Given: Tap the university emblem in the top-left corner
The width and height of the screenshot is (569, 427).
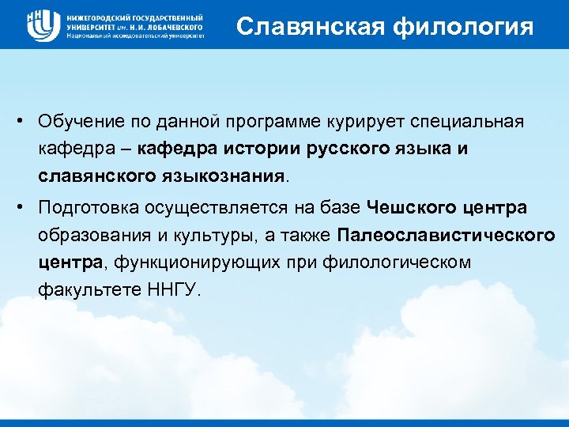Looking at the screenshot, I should [x=43, y=25].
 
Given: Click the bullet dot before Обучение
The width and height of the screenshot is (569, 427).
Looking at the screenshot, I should [x=26, y=122].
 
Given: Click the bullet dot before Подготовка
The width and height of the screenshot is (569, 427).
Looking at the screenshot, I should [x=26, y=208].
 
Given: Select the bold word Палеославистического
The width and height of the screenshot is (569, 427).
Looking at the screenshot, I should [x=446, y=235].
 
